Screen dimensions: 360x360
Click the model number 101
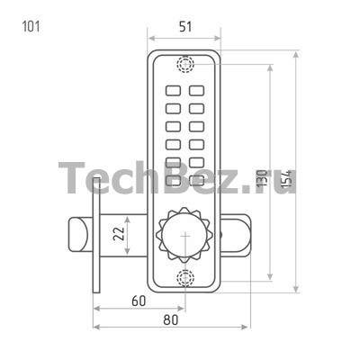click(31, 26)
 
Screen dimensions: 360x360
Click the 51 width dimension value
click(185, 27)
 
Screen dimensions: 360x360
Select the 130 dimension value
click(262, 178)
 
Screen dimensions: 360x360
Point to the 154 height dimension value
click(287, 179)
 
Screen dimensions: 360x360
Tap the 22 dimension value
click(119, 233)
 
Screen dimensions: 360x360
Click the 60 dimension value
click(139, 301)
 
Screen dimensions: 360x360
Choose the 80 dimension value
click(170, 320)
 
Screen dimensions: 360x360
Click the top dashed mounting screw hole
click(185, 64)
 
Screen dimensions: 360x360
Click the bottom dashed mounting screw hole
click(184, 278)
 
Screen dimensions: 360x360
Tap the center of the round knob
click(185, 236)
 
